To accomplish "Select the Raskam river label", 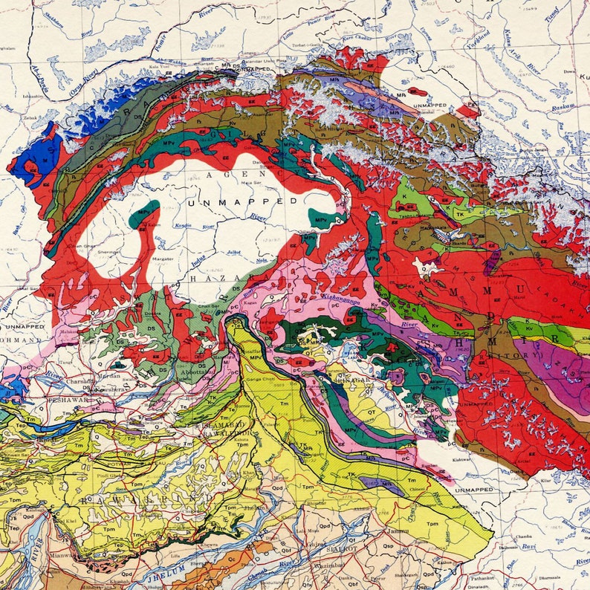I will click(x=560, y=108).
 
